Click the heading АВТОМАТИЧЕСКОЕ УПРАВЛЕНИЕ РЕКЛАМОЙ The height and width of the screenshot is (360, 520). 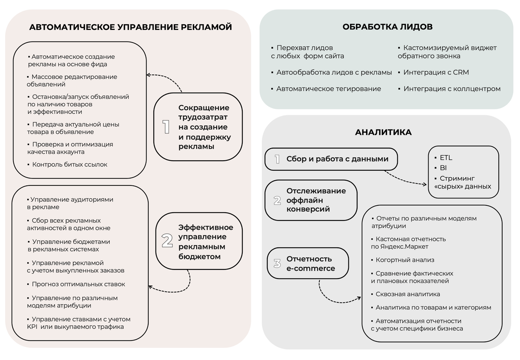tap(130, 27)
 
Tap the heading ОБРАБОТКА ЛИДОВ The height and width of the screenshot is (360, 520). tap(387, 27)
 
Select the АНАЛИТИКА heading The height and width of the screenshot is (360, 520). tap(383, 132)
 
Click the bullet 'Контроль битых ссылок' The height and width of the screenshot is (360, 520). tap(69, 165)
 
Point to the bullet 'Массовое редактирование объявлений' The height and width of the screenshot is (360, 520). tap(71, 81)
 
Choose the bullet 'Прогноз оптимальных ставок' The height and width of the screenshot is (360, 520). tap(78, 284)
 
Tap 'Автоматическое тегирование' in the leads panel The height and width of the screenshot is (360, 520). tap(328, 89)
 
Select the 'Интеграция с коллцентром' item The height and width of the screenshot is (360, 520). tap(452, 89)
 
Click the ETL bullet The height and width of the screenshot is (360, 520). tap(446, 158)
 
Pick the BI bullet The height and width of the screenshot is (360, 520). tap(443, 168)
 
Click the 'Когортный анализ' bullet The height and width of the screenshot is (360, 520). tap(405, 260)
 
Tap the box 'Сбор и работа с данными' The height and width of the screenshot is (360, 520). tap(331, 159)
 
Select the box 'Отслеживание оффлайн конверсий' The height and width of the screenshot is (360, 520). tap(311, 200)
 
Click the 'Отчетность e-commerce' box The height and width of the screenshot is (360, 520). tap(308, 263)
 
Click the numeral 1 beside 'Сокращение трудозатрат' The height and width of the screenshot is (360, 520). tap(166, 127)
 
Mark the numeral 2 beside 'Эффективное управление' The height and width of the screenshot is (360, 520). tap(167, 241)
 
